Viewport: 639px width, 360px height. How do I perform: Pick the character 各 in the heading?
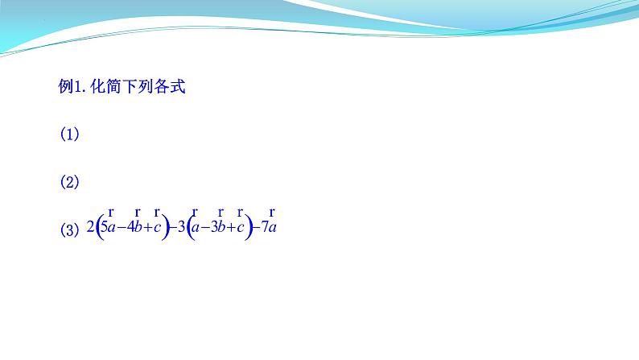tap(167, 87)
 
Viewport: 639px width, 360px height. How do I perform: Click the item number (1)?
tap(70, 135)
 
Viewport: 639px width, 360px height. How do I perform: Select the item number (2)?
tap(70, 182)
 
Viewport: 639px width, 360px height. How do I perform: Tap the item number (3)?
tap(70, 230)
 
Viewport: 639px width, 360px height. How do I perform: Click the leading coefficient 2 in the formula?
tap(90, 228)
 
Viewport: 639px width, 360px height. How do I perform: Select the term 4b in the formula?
tap(136, 228)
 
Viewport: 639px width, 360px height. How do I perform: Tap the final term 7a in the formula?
tap(269, 228)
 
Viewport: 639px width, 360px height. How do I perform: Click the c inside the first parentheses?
tap(159, 228)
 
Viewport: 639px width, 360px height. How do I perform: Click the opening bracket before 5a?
tap(99, 228)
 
